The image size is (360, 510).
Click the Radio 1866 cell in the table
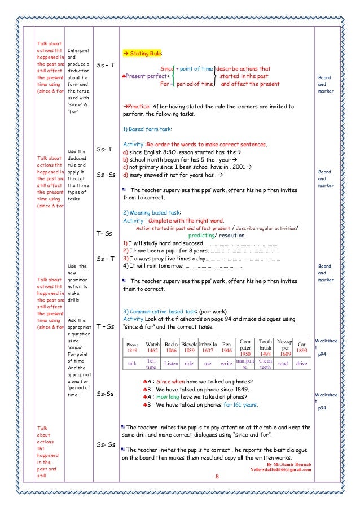click(x=171, y=347)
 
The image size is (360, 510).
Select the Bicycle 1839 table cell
click(x=189, y=347)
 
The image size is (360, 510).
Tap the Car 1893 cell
click(x=301, y=347)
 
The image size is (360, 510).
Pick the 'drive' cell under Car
click(x=301, y=364)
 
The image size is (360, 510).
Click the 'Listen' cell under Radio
click(x=171, y=364)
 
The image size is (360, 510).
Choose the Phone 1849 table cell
click(x=133, y=347)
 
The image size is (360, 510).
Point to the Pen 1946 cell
click(x=226, y=347)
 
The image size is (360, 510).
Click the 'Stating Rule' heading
click(x=145, y=54)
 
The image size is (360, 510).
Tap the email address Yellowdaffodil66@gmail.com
click(x=280, y=469)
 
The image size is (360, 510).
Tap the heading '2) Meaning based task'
click(x=151, y=212)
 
